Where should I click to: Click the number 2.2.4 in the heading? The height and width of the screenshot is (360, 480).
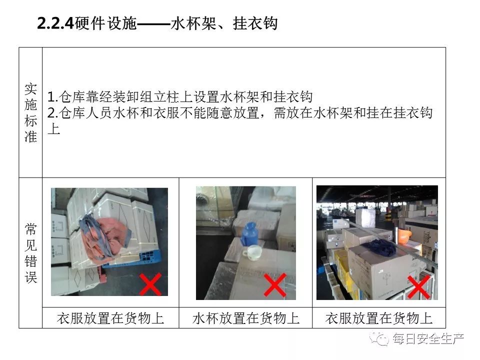[x=55, y=23]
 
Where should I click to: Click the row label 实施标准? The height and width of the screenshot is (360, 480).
[x=30, y=112]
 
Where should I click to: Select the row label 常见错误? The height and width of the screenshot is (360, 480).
[x=30, y=253]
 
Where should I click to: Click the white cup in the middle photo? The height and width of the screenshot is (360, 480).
[x=251, y=252]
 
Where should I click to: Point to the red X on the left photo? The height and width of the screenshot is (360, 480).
[x=150, y=284]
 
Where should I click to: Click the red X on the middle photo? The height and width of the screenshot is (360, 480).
[x=275, y=285]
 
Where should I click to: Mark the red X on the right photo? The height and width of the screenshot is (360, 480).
[x=418, y=287]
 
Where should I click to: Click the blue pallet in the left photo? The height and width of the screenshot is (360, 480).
[x=132, y=260]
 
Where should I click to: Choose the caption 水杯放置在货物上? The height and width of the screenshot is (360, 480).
[x=246, y=318]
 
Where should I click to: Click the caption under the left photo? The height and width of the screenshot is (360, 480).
[x=110, y=318]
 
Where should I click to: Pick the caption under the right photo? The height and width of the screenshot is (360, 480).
[x=379, y=318]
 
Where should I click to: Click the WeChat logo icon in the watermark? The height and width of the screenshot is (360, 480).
[x=378, y=338]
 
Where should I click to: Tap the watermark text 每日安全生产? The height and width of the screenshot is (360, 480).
[x=428, y=339]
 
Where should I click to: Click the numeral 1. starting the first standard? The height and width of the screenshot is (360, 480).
[x=52, y=97]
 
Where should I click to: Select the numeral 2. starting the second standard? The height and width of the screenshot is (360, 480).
[x=52, y=113]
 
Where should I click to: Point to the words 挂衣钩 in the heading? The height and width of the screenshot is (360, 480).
[x=255, y=23]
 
